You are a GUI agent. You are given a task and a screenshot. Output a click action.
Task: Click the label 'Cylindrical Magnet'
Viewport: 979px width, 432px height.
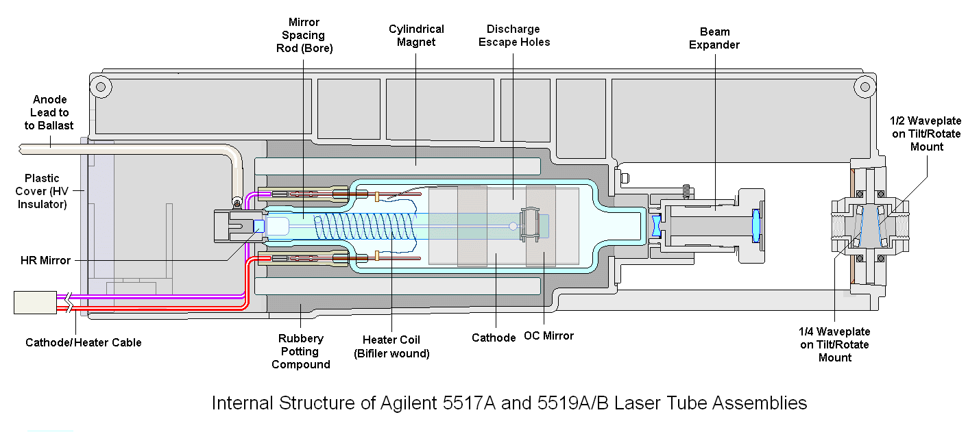[x=416, y=36]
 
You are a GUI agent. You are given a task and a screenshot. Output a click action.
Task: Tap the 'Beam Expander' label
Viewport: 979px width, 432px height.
[x=714, y=38]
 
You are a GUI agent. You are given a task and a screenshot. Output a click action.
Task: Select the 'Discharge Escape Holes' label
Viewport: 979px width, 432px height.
[x=513, y=36]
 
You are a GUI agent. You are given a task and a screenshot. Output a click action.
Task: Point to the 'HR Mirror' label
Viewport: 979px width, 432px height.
[x=46, y=260]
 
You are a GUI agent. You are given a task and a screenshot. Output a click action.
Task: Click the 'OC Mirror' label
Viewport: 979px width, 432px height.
[x=548, y=336]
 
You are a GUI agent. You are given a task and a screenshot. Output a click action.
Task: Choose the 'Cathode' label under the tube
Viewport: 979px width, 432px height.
[x=494, y=338]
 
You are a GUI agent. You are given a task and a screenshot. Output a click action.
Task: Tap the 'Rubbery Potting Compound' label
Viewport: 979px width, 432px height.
[x=300, y=351]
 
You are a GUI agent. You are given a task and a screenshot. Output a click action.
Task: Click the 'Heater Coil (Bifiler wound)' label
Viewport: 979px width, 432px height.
[x=391, y=346]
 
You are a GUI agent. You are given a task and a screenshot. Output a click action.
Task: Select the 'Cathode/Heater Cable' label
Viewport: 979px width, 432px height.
[x=84, y=342]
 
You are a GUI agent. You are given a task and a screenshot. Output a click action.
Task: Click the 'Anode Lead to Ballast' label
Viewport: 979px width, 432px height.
[x=49, y=112]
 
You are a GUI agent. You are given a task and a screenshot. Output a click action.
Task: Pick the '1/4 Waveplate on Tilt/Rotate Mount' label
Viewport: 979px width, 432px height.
[x=834, y=344]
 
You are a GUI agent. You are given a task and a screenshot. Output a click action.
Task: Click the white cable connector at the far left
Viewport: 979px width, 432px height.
[x=34, y=303]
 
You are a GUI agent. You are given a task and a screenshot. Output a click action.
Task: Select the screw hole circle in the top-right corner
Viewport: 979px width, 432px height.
[x=865, y=87]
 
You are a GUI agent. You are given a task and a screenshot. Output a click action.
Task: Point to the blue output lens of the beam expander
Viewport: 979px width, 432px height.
[x=756, y=226]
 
